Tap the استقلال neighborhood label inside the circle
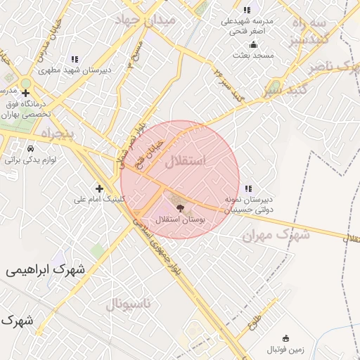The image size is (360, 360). click(x=186, y=161)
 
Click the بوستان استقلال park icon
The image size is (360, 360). click(x=179, y=208)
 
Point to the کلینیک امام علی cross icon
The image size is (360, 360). click(x=99, y=188)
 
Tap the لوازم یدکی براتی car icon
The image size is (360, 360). click(x=30, y=149)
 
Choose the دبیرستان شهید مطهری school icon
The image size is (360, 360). click(x=75, y=58)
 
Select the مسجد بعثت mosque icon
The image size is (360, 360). click(x=245, y=44)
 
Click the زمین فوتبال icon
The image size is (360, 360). click(x=285, y=339)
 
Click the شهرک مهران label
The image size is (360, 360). click(x=276, y=236)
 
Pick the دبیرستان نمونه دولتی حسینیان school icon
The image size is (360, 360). click(x=247, y=188)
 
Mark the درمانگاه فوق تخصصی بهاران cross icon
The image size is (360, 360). click(x=25, y=92)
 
